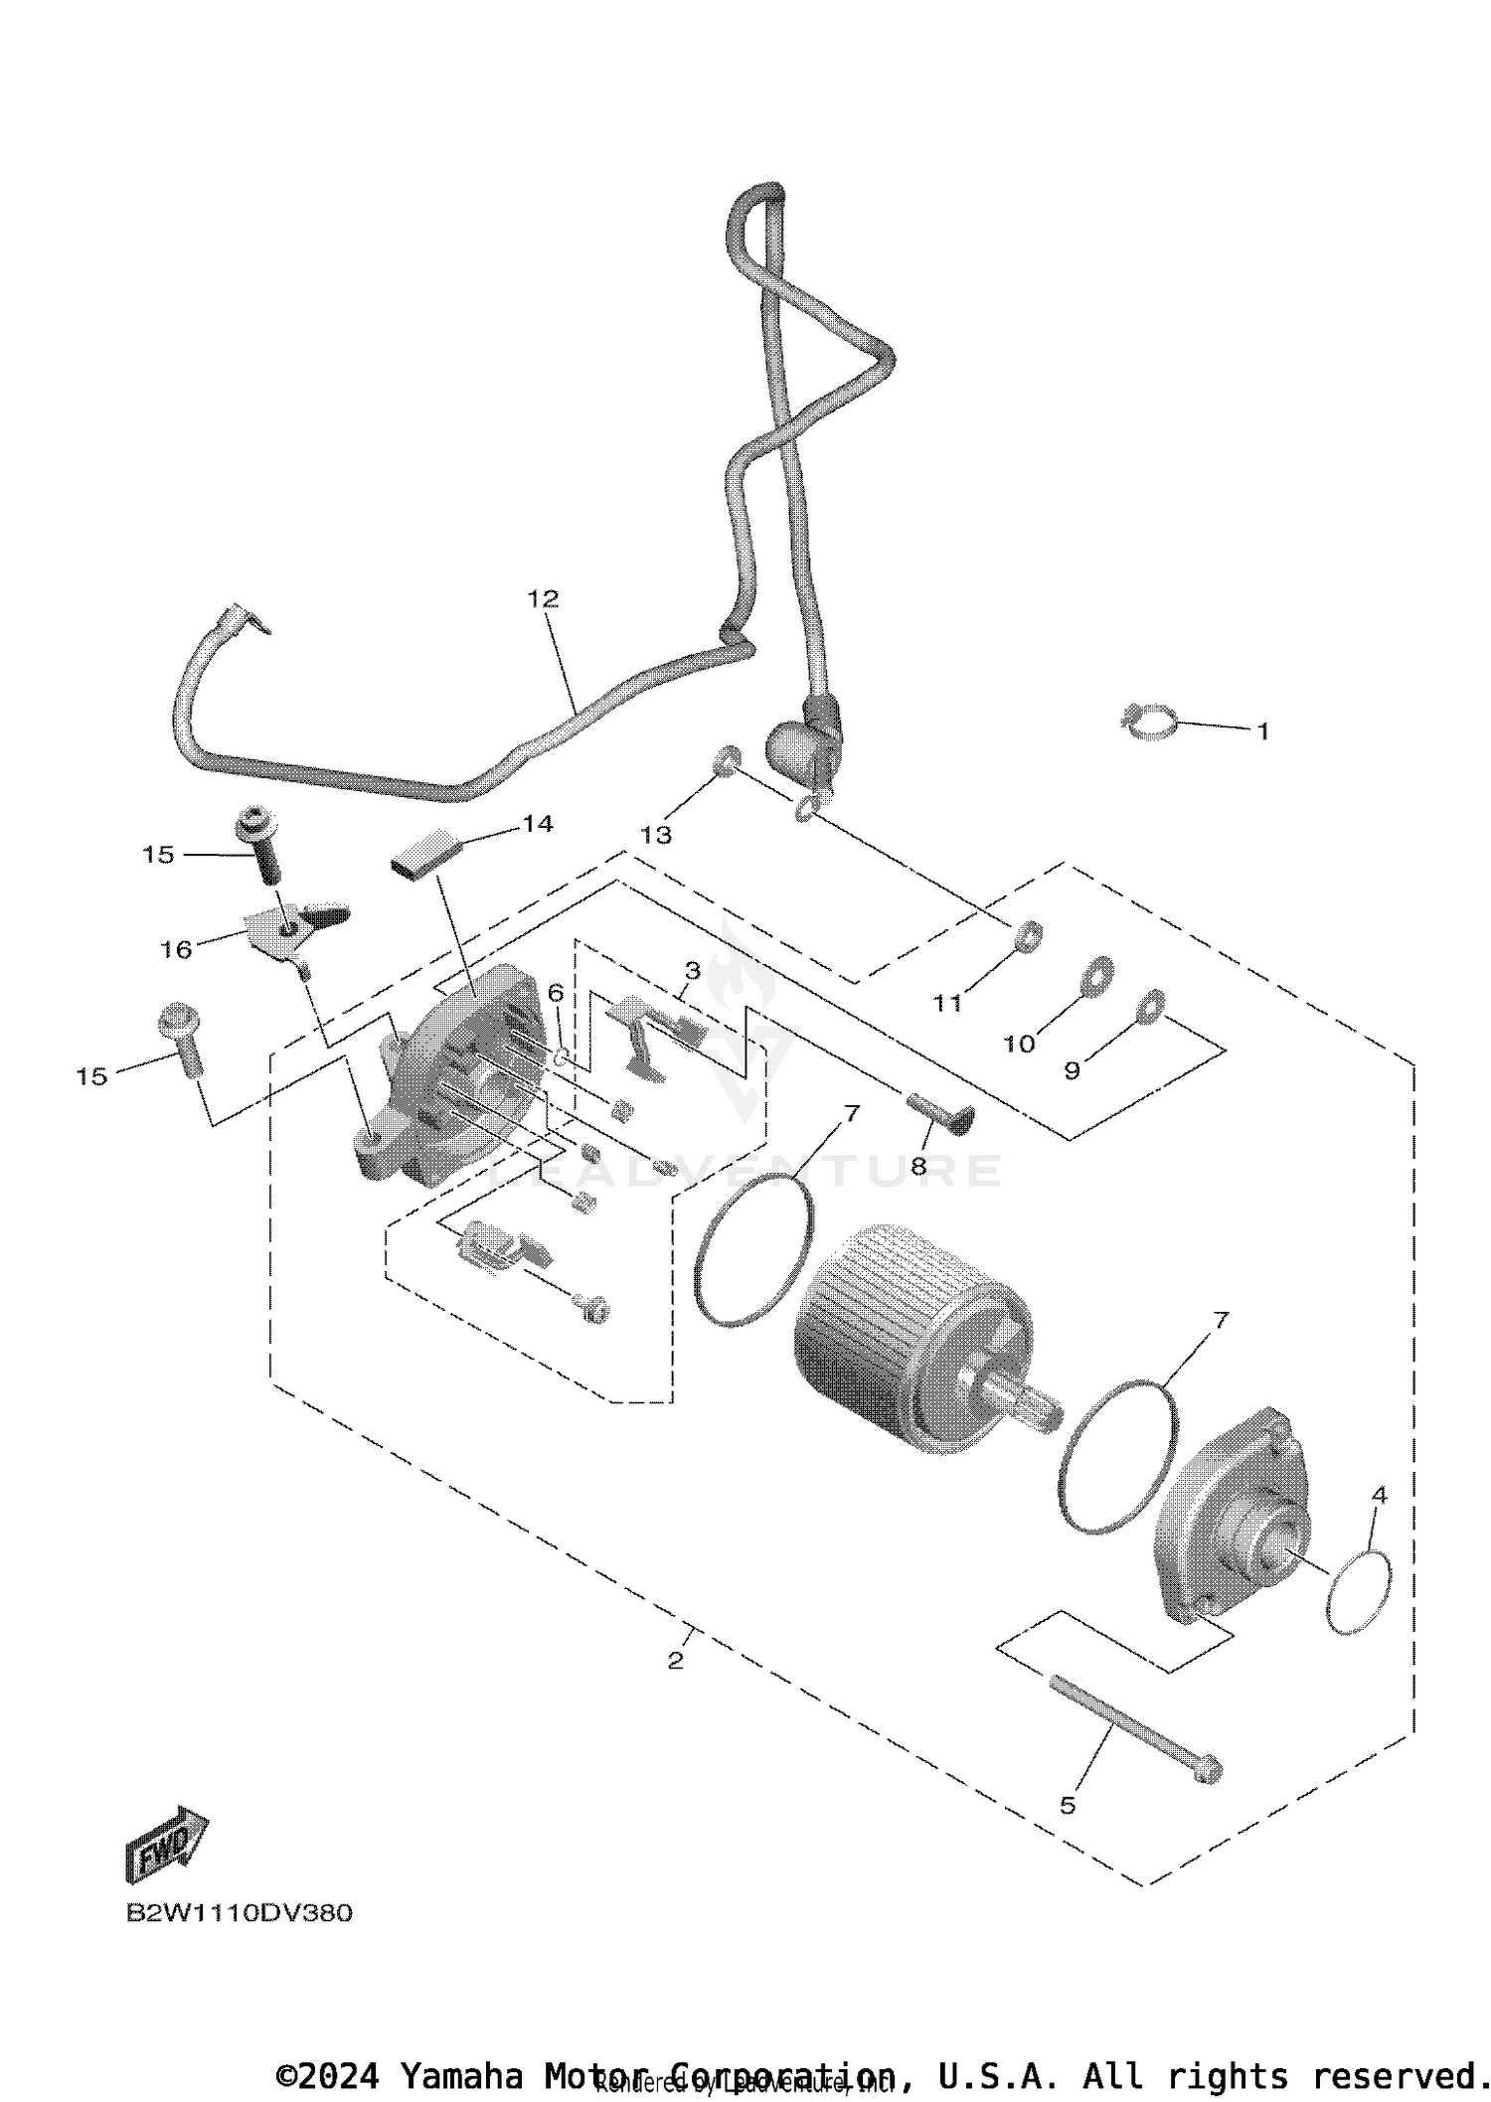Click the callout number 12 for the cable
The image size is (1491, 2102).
tap(543, 598)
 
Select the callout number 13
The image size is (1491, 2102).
tap(656, 835)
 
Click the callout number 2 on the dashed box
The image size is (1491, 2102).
tap(676, 1661)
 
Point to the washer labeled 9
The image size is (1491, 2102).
tap(1149, 1006)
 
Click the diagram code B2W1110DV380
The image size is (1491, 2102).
tap(239, 1913)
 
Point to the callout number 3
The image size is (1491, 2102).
tap(692, 970)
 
